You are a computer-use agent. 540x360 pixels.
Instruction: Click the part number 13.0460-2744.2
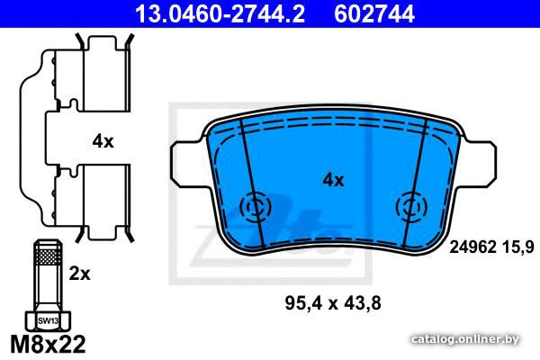pyautogui.click(x=220, y=14)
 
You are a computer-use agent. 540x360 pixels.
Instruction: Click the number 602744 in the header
pyautogui.click(x=374, y=14)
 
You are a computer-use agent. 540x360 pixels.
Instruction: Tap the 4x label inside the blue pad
pyautogui.click(x=333, y=180)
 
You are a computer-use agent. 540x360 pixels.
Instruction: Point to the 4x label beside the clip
pyautogui.click(x=103, y=141)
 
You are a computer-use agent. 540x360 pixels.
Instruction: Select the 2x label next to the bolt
pyautogui.click(x=79, y=274)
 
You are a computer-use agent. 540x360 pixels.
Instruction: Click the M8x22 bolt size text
pyautogui.click(x=48, y=344)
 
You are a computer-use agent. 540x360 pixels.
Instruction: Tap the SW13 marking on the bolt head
pyautogui.click(x=48, y=321)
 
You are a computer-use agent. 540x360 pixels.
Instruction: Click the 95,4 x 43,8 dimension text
pyautogui.click(x=333, y=303)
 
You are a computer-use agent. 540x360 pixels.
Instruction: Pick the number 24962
pyautogui.click(x=472, y=247)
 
